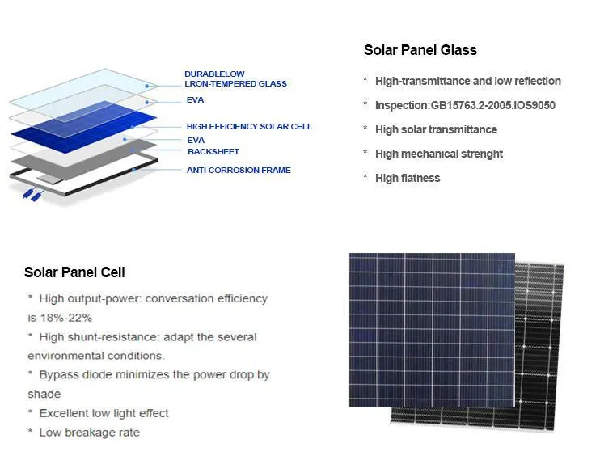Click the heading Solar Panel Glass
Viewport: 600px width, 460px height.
click(420, 50)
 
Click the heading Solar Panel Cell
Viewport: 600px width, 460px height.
click(74, 272)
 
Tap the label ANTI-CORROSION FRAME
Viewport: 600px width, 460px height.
click(239, 171)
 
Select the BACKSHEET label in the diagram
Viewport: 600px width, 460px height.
click(213, 152)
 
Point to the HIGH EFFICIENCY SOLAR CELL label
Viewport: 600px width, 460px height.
click(249, 127)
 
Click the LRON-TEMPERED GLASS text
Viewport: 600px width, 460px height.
click(235, 84)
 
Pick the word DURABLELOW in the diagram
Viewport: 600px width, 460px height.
click(214, 74)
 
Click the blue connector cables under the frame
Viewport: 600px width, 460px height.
click(33, 195)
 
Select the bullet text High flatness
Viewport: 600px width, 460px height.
click(408, 178)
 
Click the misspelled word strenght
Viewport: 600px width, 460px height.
click(481, 154)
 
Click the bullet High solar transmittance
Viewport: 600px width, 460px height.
click(436, 129)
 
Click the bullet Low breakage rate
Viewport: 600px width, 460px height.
click(89, 433)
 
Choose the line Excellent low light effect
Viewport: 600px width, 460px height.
click(104, 413)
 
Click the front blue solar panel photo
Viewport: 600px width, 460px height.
click(431, 330)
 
